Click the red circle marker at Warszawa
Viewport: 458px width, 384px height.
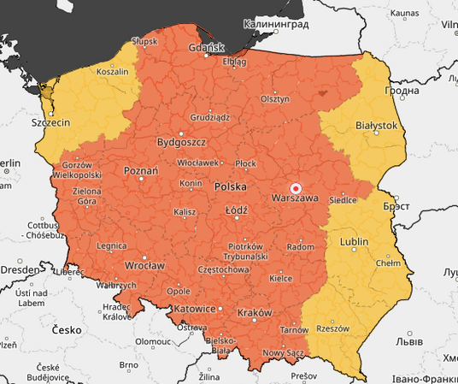pos(296,188)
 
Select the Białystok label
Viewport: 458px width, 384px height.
pos(376,125)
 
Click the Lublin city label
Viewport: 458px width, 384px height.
pos(354,242)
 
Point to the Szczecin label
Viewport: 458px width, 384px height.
pos(50,123)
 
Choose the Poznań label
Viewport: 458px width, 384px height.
pos(141,171)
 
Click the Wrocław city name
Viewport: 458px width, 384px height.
pos(144,265)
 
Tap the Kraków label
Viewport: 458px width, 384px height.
pos(254,312)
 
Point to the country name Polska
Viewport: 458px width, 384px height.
pos(230,186)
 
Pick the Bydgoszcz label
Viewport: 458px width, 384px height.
pos(181,142)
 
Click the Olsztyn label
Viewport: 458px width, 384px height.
pos(275,99)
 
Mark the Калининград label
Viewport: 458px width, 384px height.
pos(275,26)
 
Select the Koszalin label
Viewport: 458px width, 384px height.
pos(112,73)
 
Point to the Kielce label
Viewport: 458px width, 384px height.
pos(280,278)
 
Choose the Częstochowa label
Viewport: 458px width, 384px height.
pos(223,269)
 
